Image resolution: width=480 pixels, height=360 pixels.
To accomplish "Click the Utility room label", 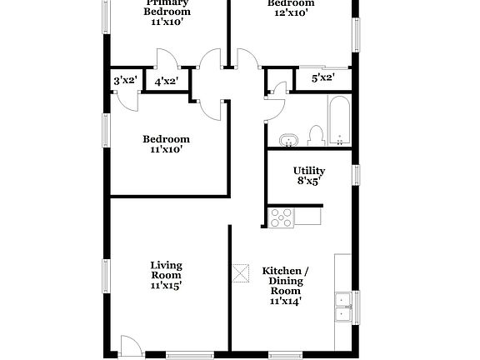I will (x=308, y=171).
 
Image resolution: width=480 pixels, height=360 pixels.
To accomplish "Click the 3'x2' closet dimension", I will (x=124, y=81).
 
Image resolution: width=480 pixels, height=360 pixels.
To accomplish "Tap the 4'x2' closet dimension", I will (x=166, y=81).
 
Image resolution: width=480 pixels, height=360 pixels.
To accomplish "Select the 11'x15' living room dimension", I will (x=166, y=285).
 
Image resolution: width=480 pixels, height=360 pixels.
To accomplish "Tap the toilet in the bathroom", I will (x=315, y=135).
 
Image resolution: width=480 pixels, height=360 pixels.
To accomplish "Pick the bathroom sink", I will (x=288, y=139).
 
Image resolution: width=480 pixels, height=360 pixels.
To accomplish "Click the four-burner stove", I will (x=282, y=217).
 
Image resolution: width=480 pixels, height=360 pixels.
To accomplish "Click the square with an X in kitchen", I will (x=241, y=272).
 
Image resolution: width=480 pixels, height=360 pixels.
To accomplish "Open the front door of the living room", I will (x=130, y=346).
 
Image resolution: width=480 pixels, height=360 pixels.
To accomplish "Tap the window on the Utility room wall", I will (x=356, y=174).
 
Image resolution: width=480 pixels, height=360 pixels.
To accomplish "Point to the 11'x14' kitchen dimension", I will (x=285, y=301).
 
